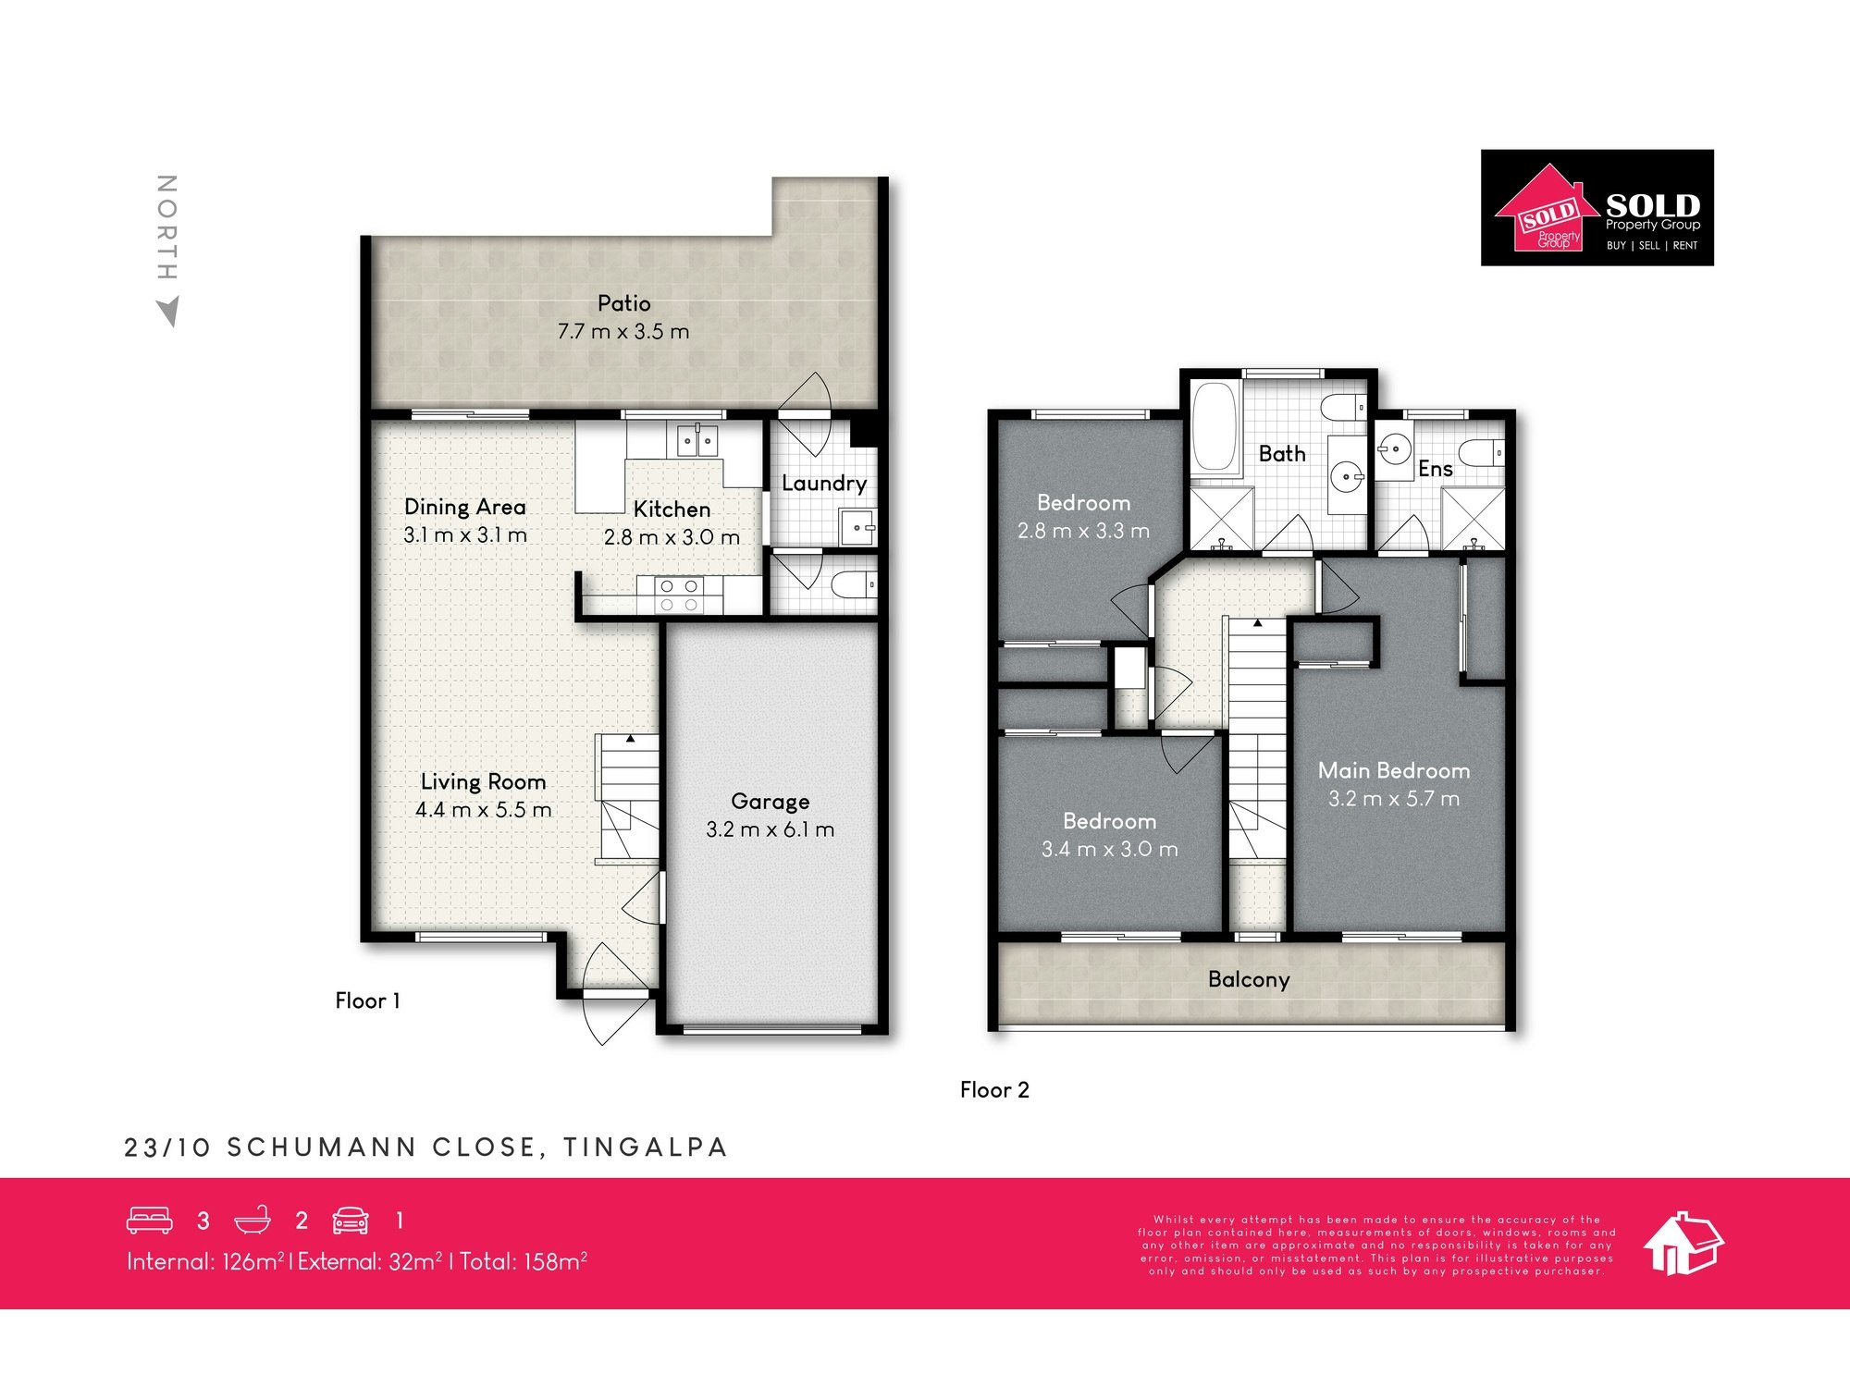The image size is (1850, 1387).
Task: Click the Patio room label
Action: point(623,303)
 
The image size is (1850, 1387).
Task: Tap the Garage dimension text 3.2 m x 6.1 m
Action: point(770,829)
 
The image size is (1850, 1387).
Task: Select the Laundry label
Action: point(823,483)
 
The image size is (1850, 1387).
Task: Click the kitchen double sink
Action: point(697,440)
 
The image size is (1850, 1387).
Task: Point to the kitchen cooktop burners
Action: point(678,595)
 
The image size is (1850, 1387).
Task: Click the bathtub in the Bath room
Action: point(1215,427)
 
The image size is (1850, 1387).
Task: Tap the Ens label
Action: point(1435,469)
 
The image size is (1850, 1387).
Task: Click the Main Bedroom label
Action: point(1393,770)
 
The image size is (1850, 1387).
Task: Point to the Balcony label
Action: point(1248,979)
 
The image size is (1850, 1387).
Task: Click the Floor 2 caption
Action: point(994,1090)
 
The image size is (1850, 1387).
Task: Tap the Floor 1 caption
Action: point(367,1000)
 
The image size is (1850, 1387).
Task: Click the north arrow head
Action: point(168,312)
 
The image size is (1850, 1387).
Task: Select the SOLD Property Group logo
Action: point(1597,208)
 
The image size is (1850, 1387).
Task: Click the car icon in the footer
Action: point(351,1221)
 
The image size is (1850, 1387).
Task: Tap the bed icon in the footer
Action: point(149,1221)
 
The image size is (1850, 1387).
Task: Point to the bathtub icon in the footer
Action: point(252,1221)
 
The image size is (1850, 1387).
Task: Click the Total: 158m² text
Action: point(524,1261)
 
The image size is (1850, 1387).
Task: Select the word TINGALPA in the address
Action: point(645,1148)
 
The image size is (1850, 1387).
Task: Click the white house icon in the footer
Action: point(1683,1244)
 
